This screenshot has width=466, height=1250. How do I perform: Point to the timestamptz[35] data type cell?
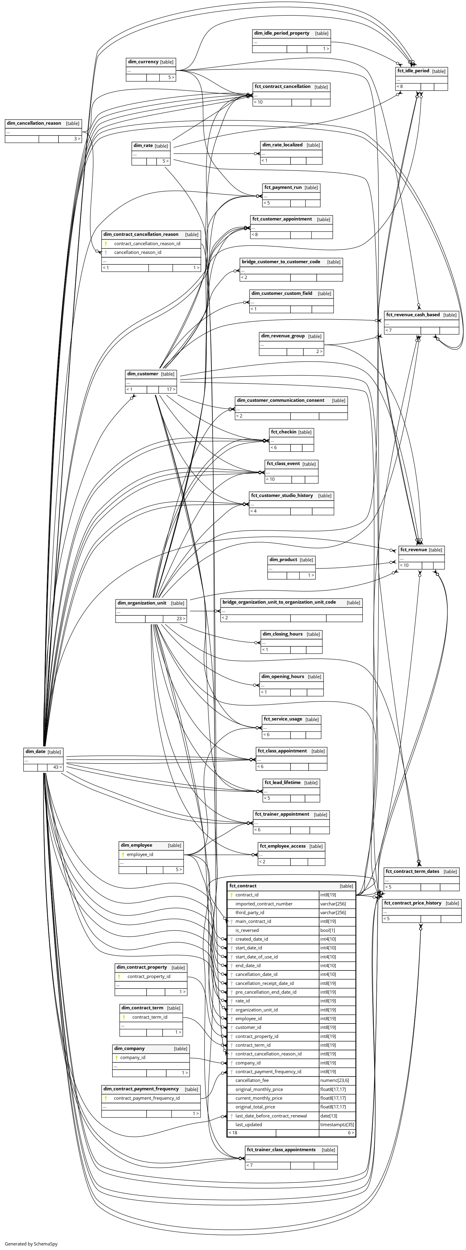(x=337, y=1124)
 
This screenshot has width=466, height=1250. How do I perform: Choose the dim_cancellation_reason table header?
(x=34, y=123)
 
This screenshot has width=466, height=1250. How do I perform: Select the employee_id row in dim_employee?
(x=140, y=855)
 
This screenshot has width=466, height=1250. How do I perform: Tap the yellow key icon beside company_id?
(x=117, y=1057)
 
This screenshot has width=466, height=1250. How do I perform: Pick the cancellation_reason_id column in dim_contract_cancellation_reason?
(x=138, y=252)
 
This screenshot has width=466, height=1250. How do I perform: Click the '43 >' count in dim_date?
(x=57, y=767)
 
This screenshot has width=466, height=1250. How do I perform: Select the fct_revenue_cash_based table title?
(x=413, y=315)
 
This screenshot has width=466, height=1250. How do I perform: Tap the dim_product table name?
(x=283, y=560)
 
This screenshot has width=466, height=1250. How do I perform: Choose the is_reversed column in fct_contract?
(x=247, y=930)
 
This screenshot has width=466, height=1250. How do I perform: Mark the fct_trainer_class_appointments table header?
(x=281, y=1150)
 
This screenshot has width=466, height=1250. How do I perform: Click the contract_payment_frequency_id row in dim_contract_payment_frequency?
(x=147, y=1098)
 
